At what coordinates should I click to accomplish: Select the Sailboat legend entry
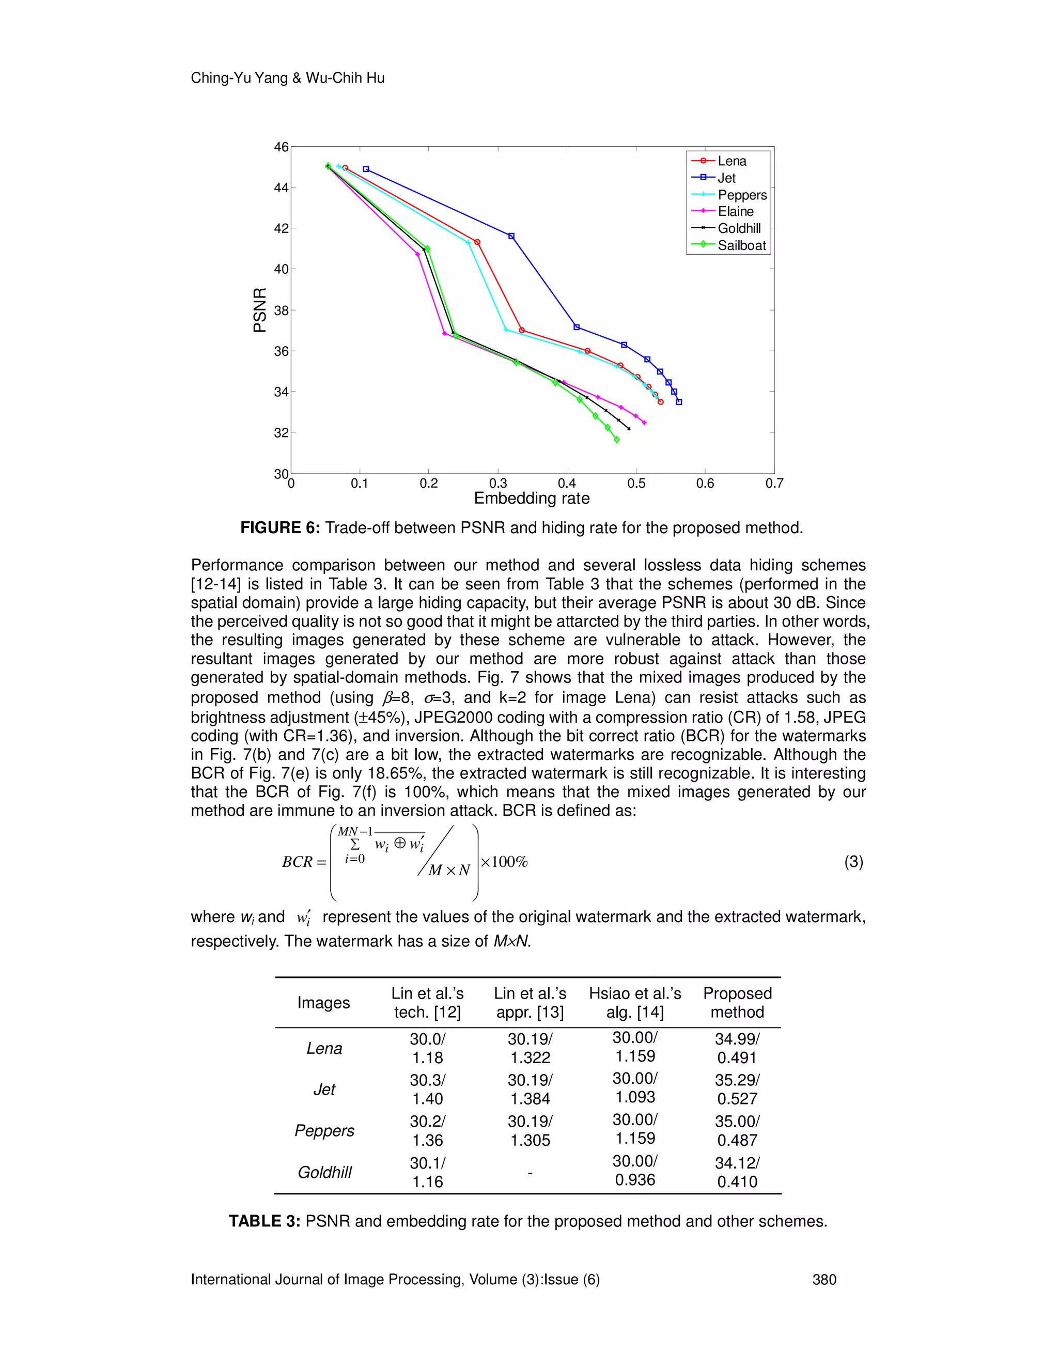pos(741,245)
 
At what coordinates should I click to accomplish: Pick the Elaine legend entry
pos(735,212)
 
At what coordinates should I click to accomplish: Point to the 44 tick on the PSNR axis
pos(281,188)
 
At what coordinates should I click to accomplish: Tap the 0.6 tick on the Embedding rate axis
pos(705,484)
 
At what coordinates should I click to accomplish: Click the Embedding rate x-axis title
pos(532,499)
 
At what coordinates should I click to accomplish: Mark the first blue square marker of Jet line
pos(366,169)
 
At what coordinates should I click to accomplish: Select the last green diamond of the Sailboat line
pos(617,440)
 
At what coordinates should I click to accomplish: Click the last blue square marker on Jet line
pos(679,402)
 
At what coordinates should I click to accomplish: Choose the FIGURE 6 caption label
pos(279,528)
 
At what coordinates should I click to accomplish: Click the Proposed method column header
pos(737,1002)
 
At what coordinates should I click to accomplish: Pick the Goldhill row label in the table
pos(324,1172)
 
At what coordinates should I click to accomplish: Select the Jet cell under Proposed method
pos(737,1090)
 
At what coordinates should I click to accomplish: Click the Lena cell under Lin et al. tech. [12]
pos(427,1048)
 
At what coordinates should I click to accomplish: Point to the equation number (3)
pos(853,862)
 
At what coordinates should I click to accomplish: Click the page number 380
pos(824,1279)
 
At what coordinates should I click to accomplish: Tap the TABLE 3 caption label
pos(264,1221)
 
